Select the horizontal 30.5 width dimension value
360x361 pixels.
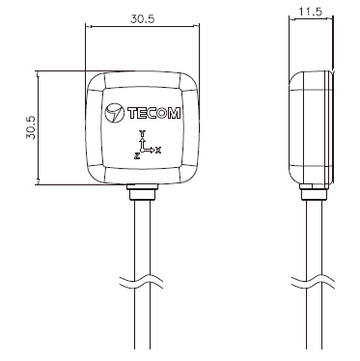point(142,18)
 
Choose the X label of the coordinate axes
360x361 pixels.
point(159,150)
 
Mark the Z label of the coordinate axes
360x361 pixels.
point(136,153)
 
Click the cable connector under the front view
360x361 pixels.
point(142,193)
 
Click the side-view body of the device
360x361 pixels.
point(311,126)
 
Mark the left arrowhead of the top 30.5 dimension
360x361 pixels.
point(90,28)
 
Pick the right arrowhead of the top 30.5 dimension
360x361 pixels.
point(196,28)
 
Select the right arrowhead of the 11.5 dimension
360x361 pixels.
point(331,20)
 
